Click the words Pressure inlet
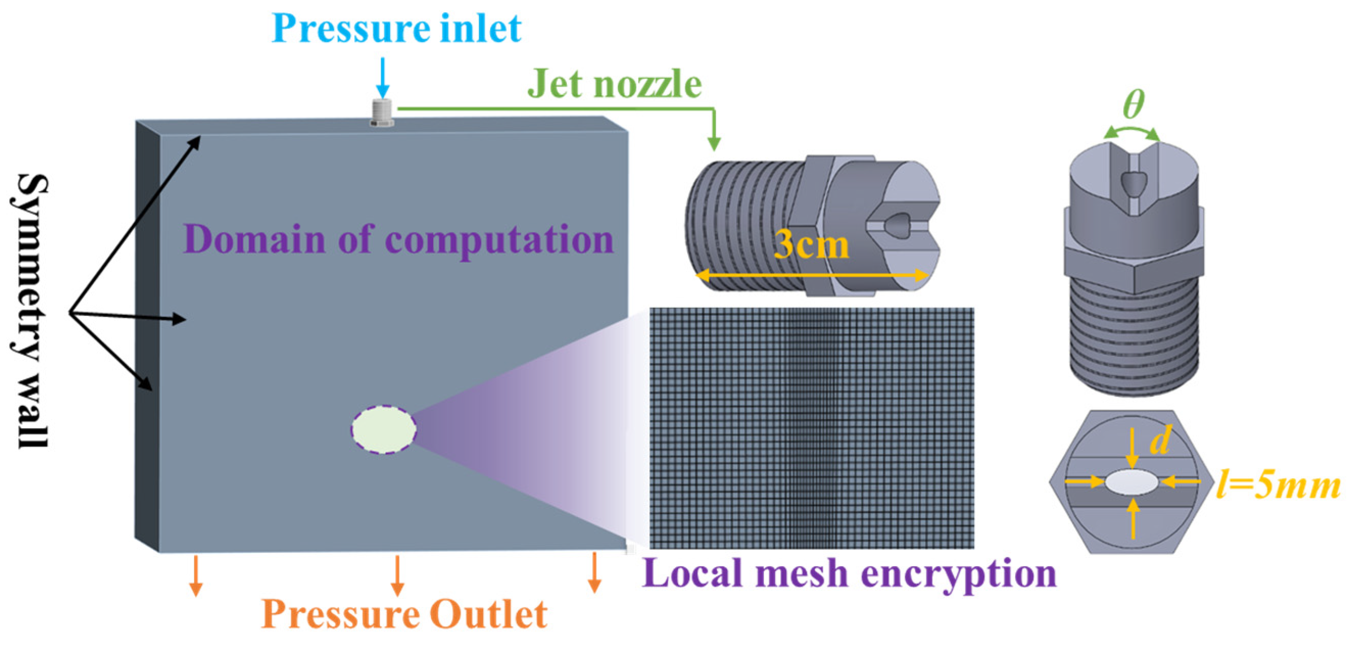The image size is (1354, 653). tap(397, 29)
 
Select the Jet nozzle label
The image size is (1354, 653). tap(614, 84)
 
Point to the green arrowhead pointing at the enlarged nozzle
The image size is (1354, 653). tap(713, 143)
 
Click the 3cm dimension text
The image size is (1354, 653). tap(811, 245)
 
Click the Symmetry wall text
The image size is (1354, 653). tap(32, 310)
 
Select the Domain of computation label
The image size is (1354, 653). tap(398, 239)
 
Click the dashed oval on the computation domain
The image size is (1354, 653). tap(384, 429)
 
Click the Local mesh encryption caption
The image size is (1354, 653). tap(849, 573)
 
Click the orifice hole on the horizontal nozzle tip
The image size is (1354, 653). tap(898, 225)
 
